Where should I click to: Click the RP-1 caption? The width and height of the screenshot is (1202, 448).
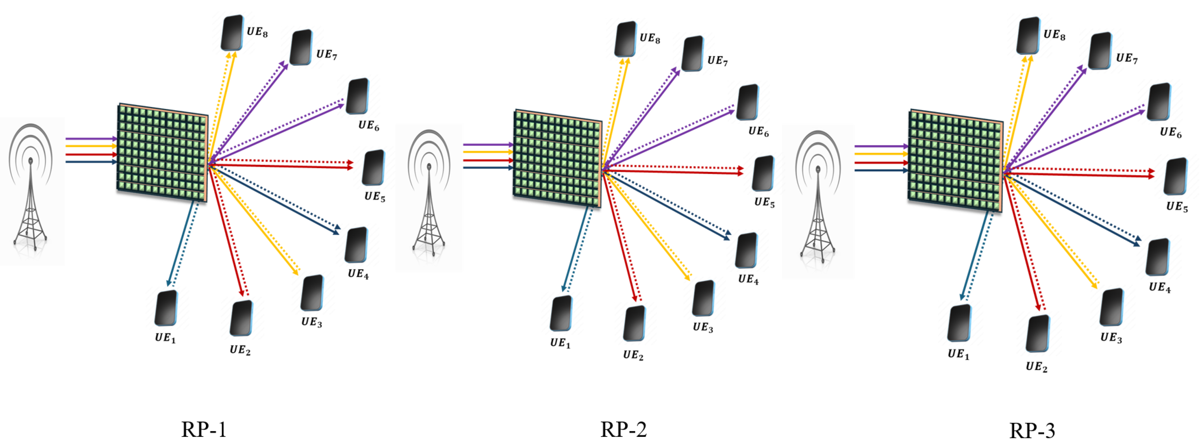(x=204, y=429)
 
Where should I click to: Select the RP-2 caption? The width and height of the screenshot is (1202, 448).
(x=624, y=429)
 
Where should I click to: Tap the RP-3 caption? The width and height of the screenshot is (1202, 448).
(x=1032, y=430)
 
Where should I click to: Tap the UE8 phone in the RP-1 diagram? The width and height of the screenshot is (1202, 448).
(x=232, y=33)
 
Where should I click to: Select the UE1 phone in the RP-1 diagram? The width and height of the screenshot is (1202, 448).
(x=166, y=308)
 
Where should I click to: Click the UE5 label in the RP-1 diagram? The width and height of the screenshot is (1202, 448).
(x=375, y=196)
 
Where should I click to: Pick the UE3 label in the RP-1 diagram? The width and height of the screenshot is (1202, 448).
(x=311, y=322)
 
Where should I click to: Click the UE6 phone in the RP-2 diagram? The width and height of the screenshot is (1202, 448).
(x=748, y=102)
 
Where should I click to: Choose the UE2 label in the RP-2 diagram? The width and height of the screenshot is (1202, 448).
(x=633, y=355)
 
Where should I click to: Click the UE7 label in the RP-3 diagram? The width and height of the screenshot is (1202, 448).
(x=1126, y=59)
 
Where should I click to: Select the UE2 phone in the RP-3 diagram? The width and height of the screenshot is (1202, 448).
(x=1037, y=333)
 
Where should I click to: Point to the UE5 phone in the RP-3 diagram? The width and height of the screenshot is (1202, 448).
(x=1176, y=176)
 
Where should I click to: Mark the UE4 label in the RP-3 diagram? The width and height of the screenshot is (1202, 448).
(x=1160, y=287)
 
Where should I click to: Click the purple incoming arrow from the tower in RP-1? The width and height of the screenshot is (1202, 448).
(x=91, y=139)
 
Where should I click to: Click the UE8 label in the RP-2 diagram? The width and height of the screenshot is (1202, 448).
(x=650, y=38)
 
